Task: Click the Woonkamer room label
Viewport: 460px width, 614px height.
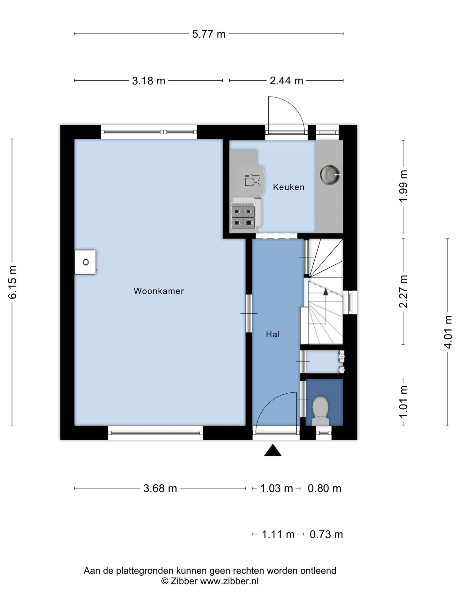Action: tap(159, 291)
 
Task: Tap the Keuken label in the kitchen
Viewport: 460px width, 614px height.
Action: tap(289, 187)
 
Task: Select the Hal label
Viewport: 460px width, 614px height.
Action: tap(273, 335)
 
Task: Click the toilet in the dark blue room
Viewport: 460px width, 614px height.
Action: tap(320, 411)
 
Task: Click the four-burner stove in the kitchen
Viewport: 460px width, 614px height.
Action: tap(243, 217)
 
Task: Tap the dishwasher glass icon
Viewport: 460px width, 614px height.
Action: tap(252, 180)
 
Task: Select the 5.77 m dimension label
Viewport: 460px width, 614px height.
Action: tap(209, 34)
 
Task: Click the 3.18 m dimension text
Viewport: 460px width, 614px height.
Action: tap(149, 81)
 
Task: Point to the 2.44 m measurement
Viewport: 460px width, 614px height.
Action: tap(286, 81)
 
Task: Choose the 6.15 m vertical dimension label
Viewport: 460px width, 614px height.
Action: tap(12, 282)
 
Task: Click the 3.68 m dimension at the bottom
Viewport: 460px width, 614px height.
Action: tap(160, 488)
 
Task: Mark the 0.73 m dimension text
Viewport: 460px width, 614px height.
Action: tap(326, 534)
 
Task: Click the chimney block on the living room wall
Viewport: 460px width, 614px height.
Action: tap(85, 262)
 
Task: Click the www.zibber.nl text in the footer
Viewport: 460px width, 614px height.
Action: tap(229, 581)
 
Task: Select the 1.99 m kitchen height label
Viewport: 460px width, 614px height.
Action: tap(403, 186)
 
